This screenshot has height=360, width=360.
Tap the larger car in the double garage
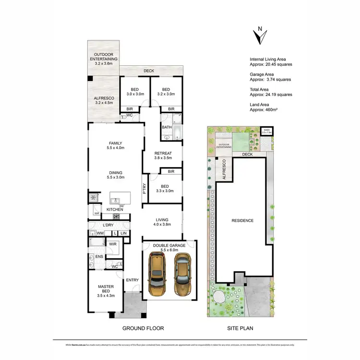pyautogui.click(x=157, y=275)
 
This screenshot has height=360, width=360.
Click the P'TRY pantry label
pyautogui.click(x=144, y=189)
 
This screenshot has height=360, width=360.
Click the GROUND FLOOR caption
pyautogui.click(x=143, y=329)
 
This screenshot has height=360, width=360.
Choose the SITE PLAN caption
pyautogui.click(x=240, y=329)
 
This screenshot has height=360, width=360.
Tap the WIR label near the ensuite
pyautogui.click(x=113, y=244)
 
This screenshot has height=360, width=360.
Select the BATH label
pyautogui.click(x=167, y=127)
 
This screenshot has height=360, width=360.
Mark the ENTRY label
pyautogui.click(x=132, y=280)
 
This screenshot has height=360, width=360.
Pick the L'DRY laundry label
pyautogui.click(x=108, y=225)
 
